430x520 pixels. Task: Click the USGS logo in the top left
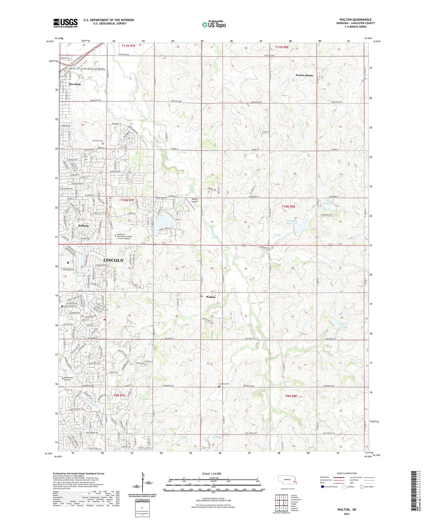[65, 23]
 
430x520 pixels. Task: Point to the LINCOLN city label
[113, 260]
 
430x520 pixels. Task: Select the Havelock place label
[75, 84]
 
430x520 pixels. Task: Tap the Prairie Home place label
[304, 75]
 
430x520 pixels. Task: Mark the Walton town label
[211, 297]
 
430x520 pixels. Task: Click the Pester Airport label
[195, 200]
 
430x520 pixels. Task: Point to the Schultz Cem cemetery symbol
[219, 386]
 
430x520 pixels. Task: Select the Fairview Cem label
[97, 141]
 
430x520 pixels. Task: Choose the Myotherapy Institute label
[71, 379]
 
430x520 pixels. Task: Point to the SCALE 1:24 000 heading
[212, 474]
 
